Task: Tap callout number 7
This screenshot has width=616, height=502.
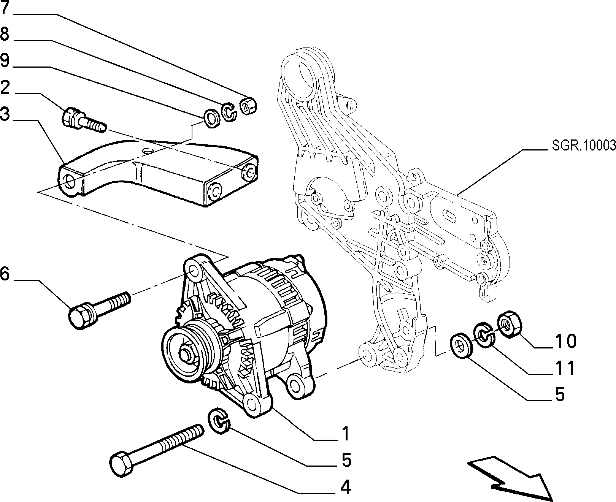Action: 5,8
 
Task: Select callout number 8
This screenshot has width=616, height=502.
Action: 5,34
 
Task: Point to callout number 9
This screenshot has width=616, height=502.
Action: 5,60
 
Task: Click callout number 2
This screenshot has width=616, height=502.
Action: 5,87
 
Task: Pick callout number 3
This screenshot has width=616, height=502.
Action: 5,114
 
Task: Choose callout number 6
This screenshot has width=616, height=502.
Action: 5,274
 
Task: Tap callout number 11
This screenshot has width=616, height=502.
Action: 565,368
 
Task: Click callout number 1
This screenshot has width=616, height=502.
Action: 345,434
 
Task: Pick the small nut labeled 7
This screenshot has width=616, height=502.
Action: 249,105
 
